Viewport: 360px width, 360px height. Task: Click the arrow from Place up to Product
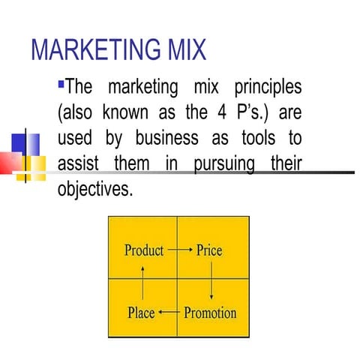pyautogui.click(x=142, y=281)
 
